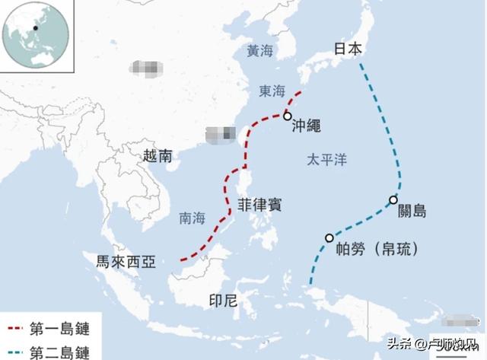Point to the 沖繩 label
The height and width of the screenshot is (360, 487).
coord(306,127)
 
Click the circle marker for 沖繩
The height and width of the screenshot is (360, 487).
coord(287,116)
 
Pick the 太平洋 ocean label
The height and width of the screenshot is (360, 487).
coord(326,161)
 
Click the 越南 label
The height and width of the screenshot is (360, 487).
coord(158,155)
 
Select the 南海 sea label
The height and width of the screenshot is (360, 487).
coord(192,218)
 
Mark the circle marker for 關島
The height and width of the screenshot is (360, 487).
coord(393,200)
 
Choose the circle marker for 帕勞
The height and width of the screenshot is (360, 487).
coord(329,237)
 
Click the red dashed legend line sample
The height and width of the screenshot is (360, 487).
coord(14,330)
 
